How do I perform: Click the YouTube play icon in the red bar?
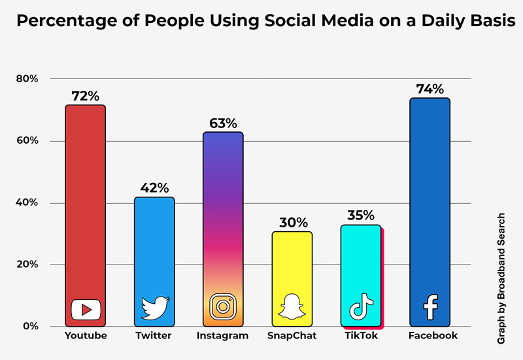86,308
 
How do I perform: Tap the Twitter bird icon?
155,308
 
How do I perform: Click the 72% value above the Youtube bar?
85,96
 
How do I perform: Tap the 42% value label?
154,188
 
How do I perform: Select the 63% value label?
223,123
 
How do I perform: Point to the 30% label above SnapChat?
292,223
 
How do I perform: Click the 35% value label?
361,216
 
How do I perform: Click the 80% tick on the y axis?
27,79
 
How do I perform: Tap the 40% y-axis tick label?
27,203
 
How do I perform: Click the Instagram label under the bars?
223,336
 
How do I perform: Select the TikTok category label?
361,336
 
